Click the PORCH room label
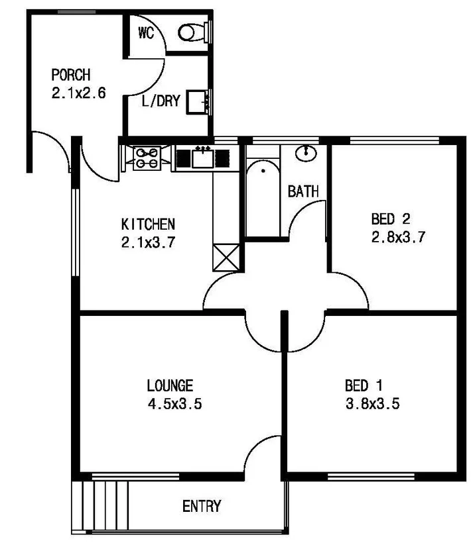(x=71, y=75)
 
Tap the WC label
(x=146, y=34)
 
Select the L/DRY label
(x=161, y=103)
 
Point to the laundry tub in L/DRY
(x=197, y=102)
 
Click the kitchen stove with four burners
(x=147, y=158)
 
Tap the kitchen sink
(x=203, y=158)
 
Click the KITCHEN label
(x=148, y=223)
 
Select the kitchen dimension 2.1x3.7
(x=148, y=242)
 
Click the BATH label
(x=303, y=192)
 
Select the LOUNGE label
(x=170, y=385)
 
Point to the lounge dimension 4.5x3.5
(x=174, y=404)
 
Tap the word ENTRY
(x=202, y=507)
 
